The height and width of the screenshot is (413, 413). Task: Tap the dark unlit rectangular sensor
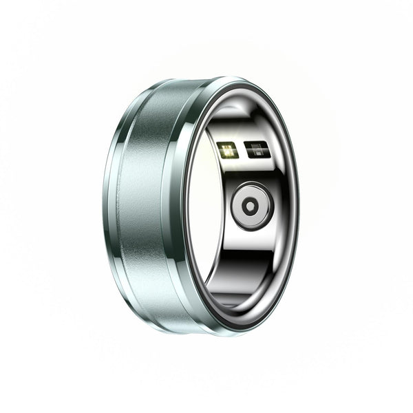coord(255,151)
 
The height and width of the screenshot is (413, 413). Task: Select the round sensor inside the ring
coord(252,205)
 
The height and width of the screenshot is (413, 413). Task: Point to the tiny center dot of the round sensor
coord(252,205)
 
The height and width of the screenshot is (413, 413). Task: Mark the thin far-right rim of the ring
coord(297,206)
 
